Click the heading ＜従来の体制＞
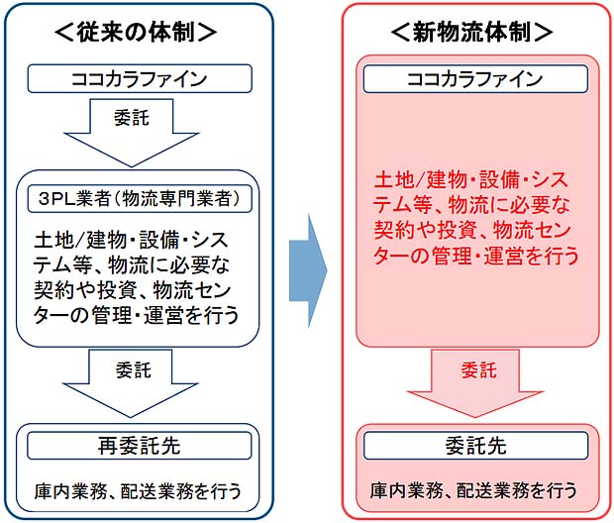(136, 32)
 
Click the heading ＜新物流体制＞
(471, 32)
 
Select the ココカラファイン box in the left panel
(140, 78)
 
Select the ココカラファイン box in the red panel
(475, 79)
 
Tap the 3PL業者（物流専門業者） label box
(140, 199)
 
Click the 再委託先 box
(140, 446)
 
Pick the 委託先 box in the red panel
(475, 446)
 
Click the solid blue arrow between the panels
(308, 270)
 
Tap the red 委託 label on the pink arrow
(479, 370)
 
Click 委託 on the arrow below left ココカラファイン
(132, 118)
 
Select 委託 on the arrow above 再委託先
(133, 370)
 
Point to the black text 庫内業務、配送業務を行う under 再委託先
(138, 491)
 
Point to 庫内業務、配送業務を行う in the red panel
(473, 490)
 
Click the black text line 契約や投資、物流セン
(133, 290)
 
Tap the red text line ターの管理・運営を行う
(476, 256)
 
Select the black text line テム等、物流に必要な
(132, 265)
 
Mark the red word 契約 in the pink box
(394, 231)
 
